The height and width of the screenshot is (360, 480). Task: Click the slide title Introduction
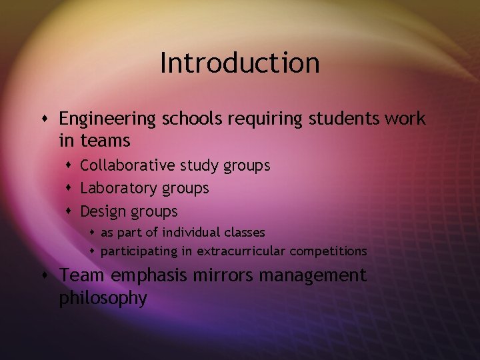[240, 63]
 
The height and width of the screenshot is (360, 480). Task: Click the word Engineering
[107, 119]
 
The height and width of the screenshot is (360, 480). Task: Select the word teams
[105, 141]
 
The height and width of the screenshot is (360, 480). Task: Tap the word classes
[245, 233]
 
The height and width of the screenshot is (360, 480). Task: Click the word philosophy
[103, 298]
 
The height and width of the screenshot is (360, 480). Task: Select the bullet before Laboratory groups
[70, 189]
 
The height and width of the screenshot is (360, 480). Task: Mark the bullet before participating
[93, 251]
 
